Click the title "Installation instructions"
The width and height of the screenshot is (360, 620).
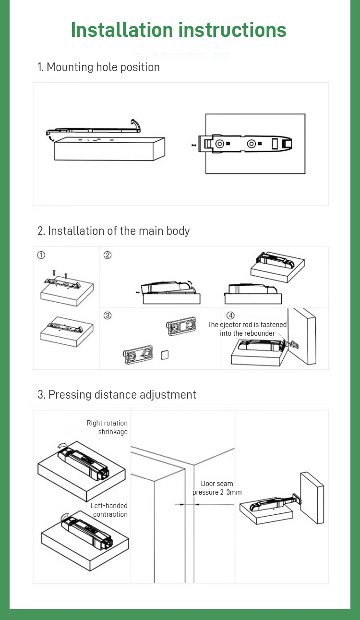(179, 30)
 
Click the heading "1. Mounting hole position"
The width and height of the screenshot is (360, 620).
(99, 67)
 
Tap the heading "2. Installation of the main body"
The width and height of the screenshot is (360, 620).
(114, 231)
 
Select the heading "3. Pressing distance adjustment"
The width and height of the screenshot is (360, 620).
(117, 395)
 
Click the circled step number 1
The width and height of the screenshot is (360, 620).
(41, 255)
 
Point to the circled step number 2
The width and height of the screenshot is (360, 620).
(108, 255)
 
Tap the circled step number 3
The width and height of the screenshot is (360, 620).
(108, 316)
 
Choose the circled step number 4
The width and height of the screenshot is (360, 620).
(231, 316)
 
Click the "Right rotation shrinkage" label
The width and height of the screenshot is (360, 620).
(108, 427)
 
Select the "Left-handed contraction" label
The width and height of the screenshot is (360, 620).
(110, 510)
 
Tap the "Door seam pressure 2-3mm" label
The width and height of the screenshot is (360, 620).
(217, 488)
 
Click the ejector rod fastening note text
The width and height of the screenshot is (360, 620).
(247, 329)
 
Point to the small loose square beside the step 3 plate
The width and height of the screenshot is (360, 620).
(164, 354)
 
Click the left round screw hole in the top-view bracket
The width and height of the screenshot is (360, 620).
(219, 144)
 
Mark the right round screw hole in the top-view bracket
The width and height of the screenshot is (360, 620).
(251, 144)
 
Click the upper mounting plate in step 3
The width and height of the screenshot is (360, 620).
(182, 326)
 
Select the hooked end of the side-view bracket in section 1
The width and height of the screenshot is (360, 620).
(136, 125)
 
